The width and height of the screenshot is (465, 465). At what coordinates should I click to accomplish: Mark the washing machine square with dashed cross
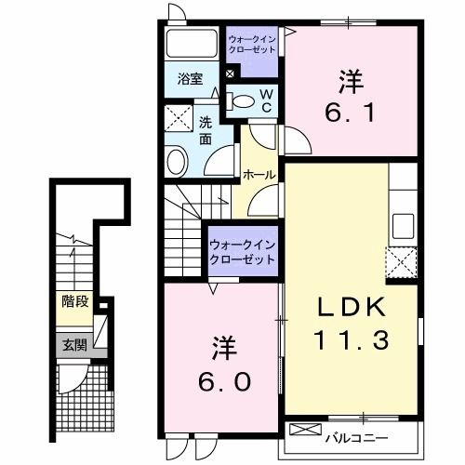[x=178, y=120]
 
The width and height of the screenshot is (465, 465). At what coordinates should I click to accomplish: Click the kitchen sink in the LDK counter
[x=404, y=225]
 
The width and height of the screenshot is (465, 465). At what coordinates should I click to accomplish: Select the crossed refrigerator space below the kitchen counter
[x=403, y=263]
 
